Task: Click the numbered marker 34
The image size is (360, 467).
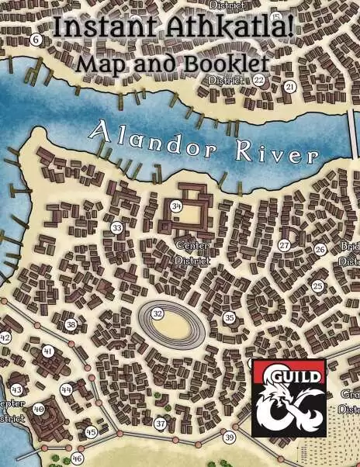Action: coord(176,206)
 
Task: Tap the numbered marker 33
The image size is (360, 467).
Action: coord(116,228)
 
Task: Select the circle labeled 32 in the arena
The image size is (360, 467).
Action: coord(157,313)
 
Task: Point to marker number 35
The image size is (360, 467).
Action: coord(229,317)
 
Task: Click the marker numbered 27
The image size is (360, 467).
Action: coord(284,245)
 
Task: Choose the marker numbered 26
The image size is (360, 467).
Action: coord(320,250)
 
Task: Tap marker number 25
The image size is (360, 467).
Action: coord(317,286)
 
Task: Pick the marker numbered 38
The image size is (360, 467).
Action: coord(71,325)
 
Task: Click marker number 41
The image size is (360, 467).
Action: coord(48,351)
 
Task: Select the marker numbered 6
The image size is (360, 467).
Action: coord(36,40)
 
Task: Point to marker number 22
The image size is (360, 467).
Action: coord(259,79)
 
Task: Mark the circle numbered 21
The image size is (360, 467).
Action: coord(289,87)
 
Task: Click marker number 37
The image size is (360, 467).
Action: coord(161,424)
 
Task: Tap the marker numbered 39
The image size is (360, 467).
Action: coord(229,438)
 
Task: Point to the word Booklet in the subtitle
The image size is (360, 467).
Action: coord(227,63)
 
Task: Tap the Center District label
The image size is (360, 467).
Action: coord(192,253)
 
